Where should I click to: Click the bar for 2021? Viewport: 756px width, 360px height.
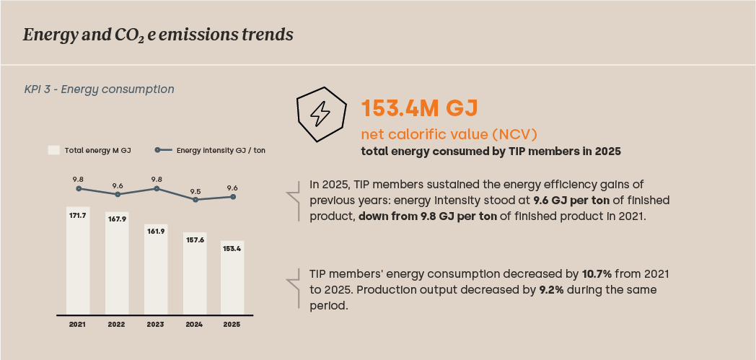click(x=78, y=260)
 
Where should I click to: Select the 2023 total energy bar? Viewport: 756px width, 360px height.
click(x=156, y=269)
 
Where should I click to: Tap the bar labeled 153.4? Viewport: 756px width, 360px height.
click(x=232, y=278)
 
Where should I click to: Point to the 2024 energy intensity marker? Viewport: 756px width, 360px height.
click(x=195, y=199)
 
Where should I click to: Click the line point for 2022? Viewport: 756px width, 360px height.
click(x=117, y=194)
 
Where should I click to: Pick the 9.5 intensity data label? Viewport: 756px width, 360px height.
click(x=195, y=190)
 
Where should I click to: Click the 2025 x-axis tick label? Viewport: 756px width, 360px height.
click(x=232, y=325)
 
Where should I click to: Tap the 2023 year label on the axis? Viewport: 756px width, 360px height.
click(x=156, y=325)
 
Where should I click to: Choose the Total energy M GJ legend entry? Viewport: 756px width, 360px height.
click(x=89, y=150)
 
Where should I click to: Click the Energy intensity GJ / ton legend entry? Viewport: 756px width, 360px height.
click(x=210, y=150)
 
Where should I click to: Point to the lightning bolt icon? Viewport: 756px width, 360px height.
click(x=320, y=114)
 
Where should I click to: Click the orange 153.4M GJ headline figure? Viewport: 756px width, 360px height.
click(x=419, y=108)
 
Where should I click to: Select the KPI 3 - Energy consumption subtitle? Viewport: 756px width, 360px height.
click(x=99, y=89)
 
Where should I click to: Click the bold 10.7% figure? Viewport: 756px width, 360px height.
click(x=597, y=274)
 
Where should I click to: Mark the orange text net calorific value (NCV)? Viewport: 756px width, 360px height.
click(x=449, y=134)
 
